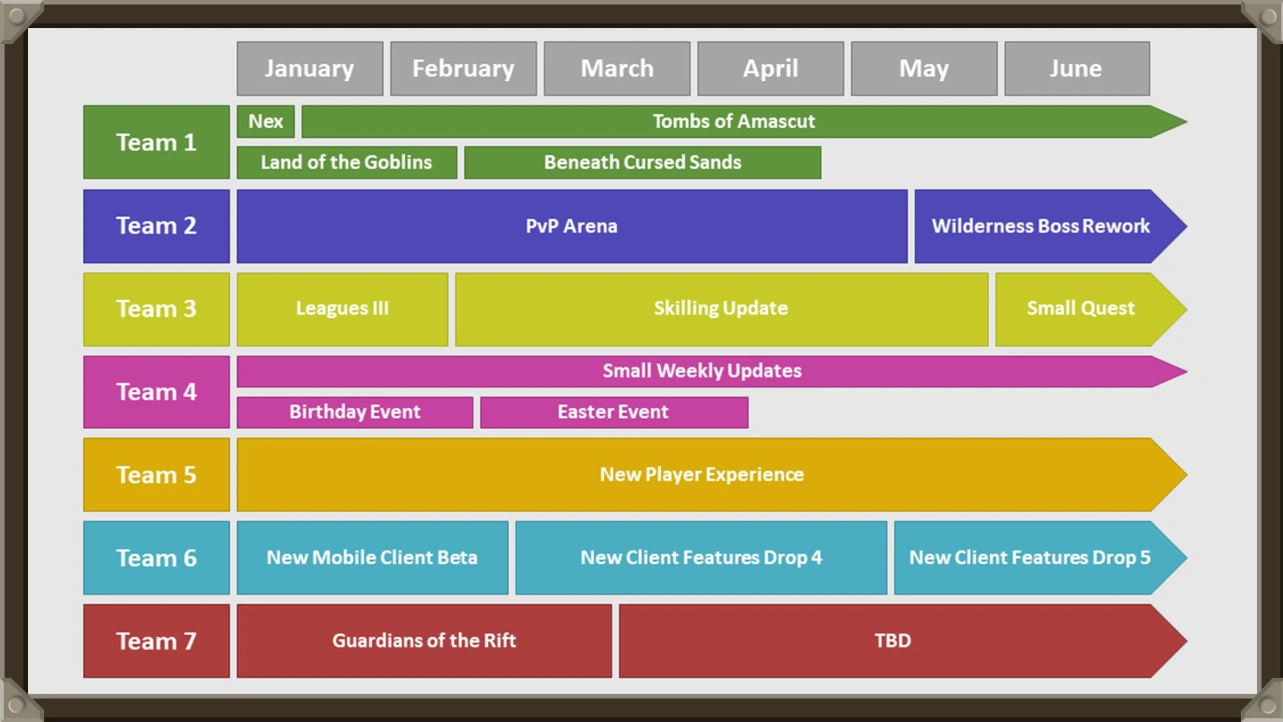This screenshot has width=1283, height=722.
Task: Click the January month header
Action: (310, 68)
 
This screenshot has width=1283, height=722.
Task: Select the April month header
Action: (770, 68)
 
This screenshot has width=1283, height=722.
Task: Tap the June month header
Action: (1077, 68)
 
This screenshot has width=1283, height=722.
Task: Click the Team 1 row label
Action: (156, 142)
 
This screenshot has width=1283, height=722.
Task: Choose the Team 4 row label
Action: (156, 392)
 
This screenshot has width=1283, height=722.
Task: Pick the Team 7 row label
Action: (156, 641)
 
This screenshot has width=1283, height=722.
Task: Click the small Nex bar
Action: (266, 122)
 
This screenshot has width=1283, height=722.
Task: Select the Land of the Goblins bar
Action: (347, 162)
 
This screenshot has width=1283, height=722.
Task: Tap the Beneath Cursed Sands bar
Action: (643, 162)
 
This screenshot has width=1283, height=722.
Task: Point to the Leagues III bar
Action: (342, 309)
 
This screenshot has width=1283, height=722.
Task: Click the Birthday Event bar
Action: (355, 412)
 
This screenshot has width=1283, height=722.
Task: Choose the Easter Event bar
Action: (614, 412)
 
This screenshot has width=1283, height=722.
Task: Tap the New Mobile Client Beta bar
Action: (372, 558)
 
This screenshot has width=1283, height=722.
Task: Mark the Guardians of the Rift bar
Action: (424, 641)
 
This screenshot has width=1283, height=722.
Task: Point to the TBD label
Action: (893, 640)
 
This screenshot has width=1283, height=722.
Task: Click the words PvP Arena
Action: (571, 226)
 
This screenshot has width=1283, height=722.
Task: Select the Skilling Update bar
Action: (722, 309)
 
